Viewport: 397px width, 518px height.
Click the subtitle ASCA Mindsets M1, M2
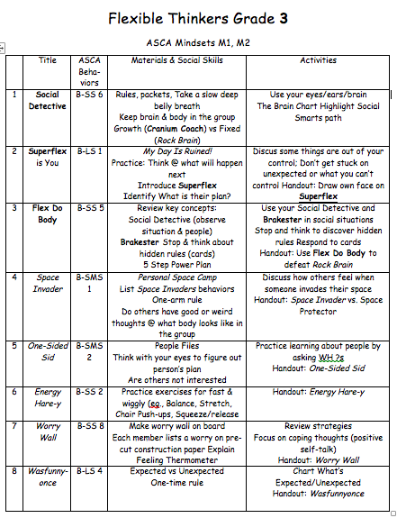[x=199, y=42]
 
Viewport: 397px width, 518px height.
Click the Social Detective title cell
[x=47, y=100]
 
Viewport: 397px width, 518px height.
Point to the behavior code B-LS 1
[x=86, y=152]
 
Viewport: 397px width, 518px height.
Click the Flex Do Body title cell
[x=47, y=214]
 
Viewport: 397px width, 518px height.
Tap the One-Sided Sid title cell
[x=47, y=350]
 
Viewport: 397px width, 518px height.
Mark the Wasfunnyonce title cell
[x=47, y=475]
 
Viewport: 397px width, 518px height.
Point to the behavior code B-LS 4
[x=86, y=469]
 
